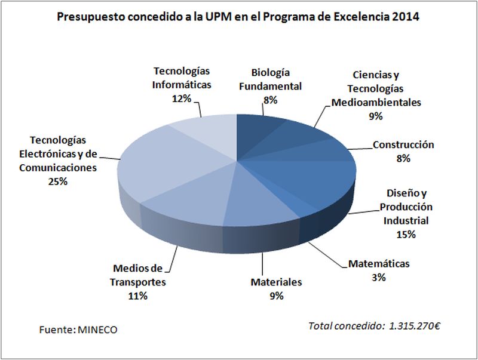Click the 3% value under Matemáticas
(379, 277)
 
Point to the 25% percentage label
(58, 181)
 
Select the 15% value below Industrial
(405, 234)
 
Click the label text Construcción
(403, 144)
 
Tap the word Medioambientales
(376, 102)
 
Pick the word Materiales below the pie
(276, 282)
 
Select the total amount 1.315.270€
(415, 326)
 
